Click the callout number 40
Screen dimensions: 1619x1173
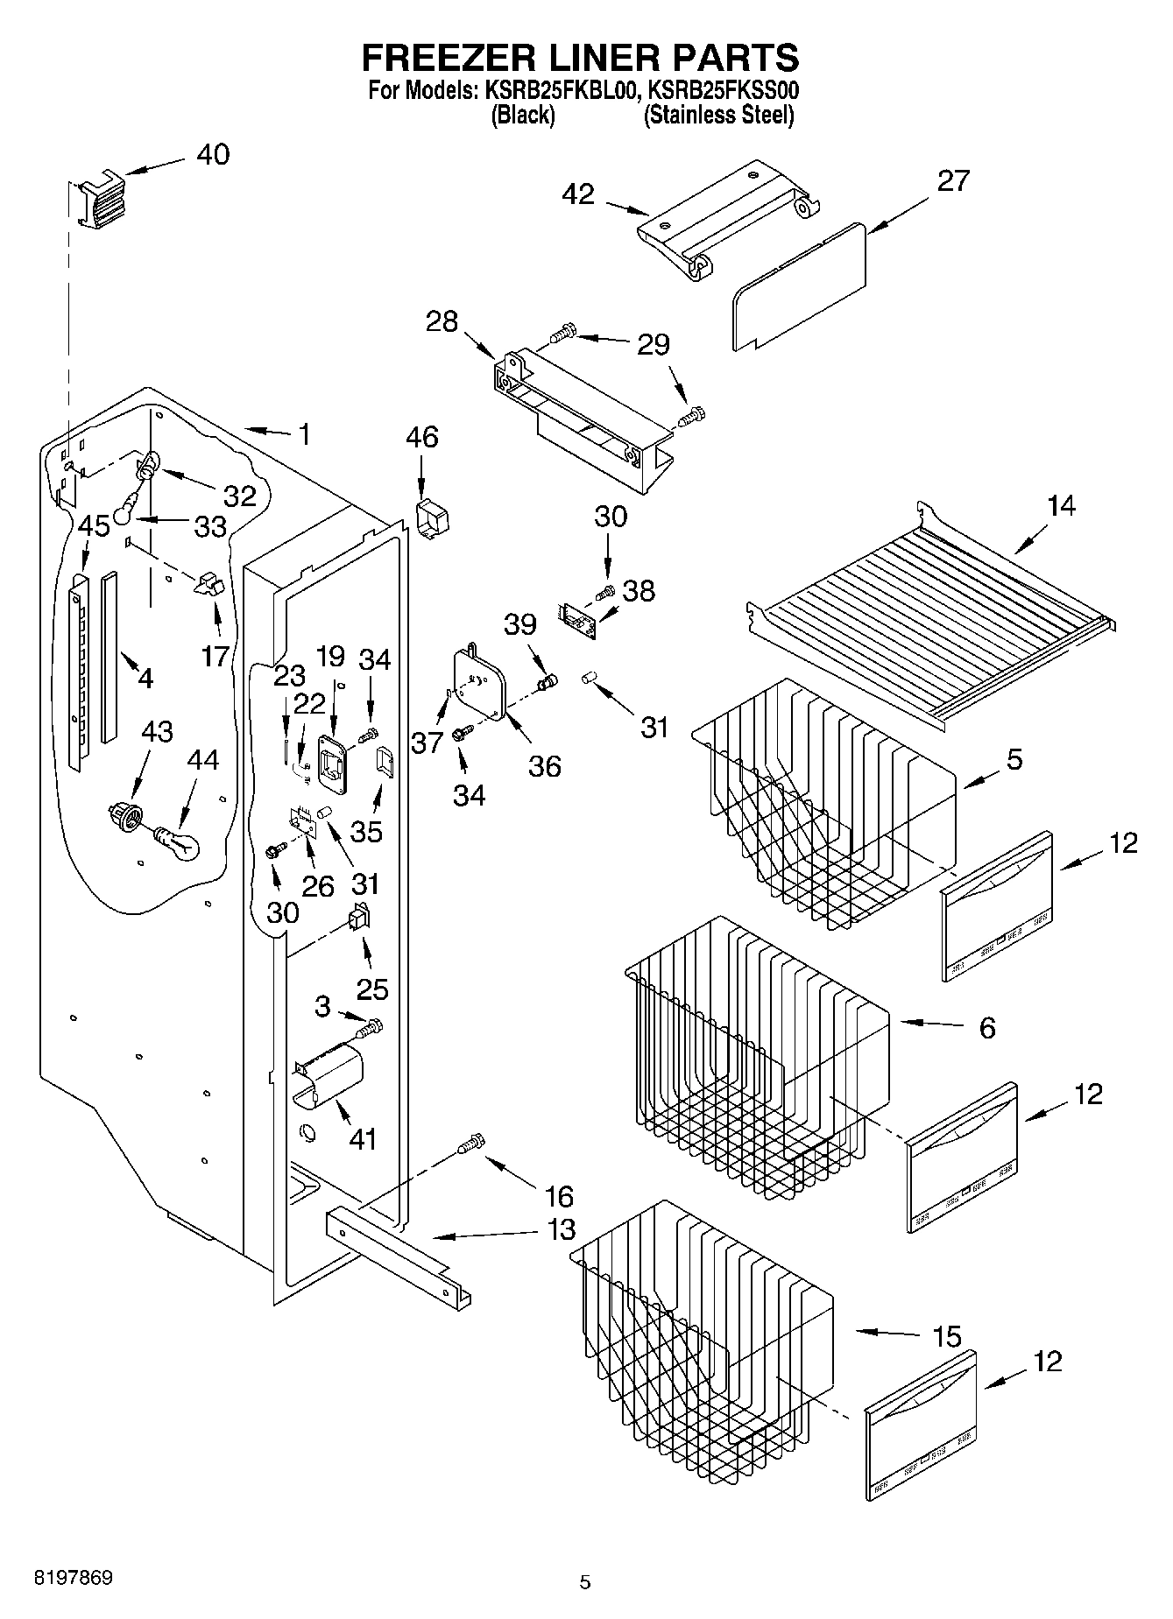tap(213, 154)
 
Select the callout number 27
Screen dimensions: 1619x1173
tap(953, 180)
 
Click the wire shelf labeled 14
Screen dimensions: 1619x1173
tap(929, 613)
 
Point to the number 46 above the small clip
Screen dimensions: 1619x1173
tap(422, 436)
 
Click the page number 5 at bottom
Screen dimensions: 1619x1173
tap(585, 1581)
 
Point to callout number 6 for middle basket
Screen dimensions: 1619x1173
tap(986, 1027)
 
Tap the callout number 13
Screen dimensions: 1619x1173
tap(561, 1229)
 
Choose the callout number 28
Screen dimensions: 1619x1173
tap(442, 321)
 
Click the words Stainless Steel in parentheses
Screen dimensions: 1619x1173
tap(718, 115)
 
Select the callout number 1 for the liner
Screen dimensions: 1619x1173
tap(304, 434)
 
